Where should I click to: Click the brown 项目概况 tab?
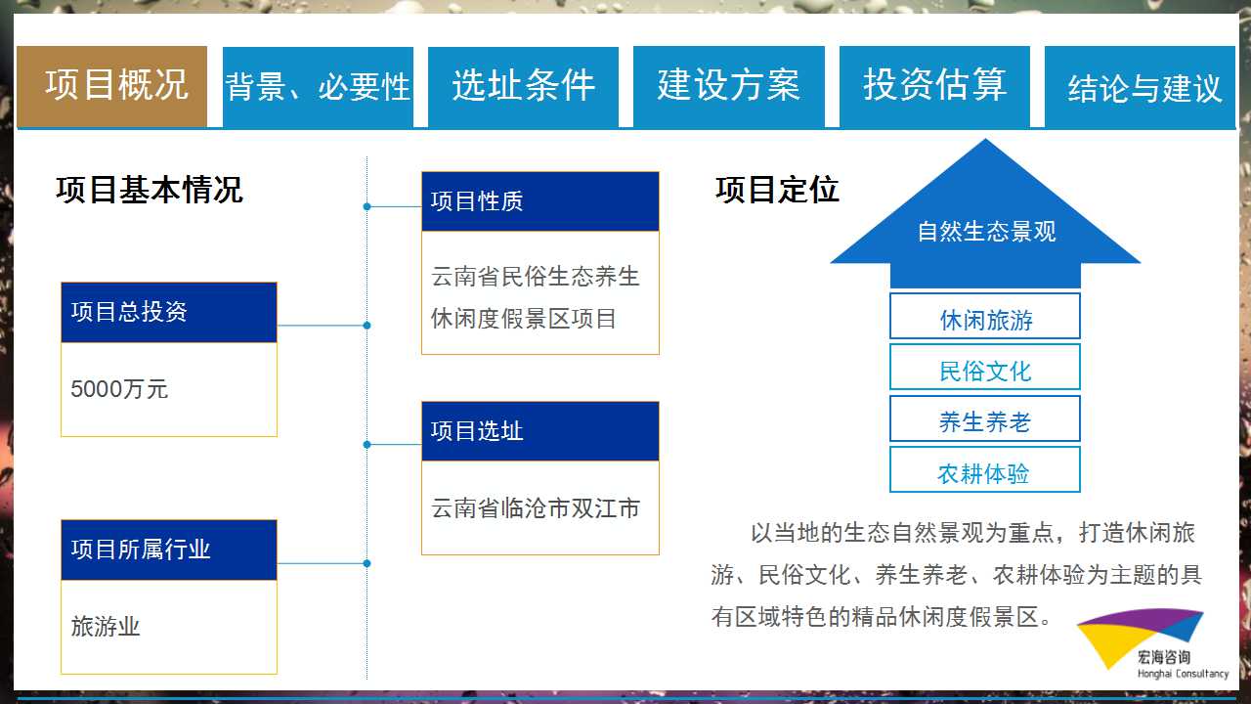[x=111, y=87]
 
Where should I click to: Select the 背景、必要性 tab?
[x=318, y=87]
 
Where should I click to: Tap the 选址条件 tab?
[x=523, y=87]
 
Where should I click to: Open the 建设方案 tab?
[x=729, y=87]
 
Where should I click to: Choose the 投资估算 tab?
[x=934, y=87]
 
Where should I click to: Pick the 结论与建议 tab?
[x=1140, y=87]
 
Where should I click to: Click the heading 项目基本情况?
[x=150, y=190]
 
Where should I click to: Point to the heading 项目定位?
[x=777, y=190]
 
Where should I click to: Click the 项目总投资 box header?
[x=169, y=312]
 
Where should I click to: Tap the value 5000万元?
[x=119, y=389]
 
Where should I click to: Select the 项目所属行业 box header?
[x=169, y=550]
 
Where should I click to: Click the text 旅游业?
[x=105, y=627]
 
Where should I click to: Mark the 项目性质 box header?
[x=540, y=201]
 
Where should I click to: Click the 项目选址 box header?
[x=540, y=431]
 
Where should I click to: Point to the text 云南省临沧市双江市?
[x=535, y=508]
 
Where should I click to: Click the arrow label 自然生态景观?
[x=986, y=232]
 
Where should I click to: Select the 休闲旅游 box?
[x=985, y=316]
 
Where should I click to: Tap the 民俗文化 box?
[x=985, y=367]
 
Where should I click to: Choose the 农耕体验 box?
[x=985, y=469]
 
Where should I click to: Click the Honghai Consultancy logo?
[x=1150, y=642]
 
